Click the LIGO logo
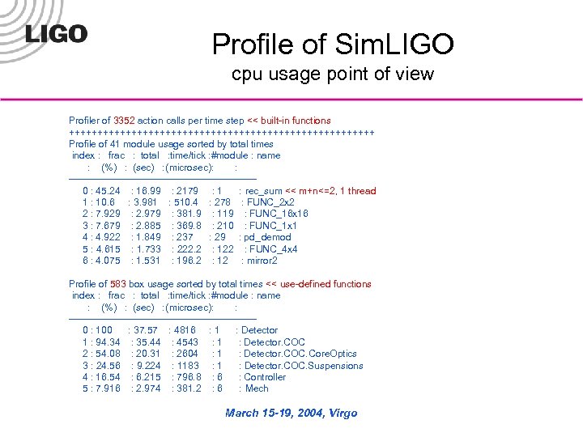(x=56, y=33)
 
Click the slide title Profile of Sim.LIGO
(x=333, y=44)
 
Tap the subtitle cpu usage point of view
(x=333, y=74)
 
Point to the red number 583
(x=118, y=284)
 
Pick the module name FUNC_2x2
(x=270, y=202)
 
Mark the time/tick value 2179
(x=186, y=191)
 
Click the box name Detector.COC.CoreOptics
(x=300, y=354)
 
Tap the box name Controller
(x=265, y=377)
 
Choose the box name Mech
(x=257, y=388)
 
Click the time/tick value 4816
(x=184, y=330)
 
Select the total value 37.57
(x=147, y=330)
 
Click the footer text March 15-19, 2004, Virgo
(x=291, y=413)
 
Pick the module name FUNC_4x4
(x=273, y=249)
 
